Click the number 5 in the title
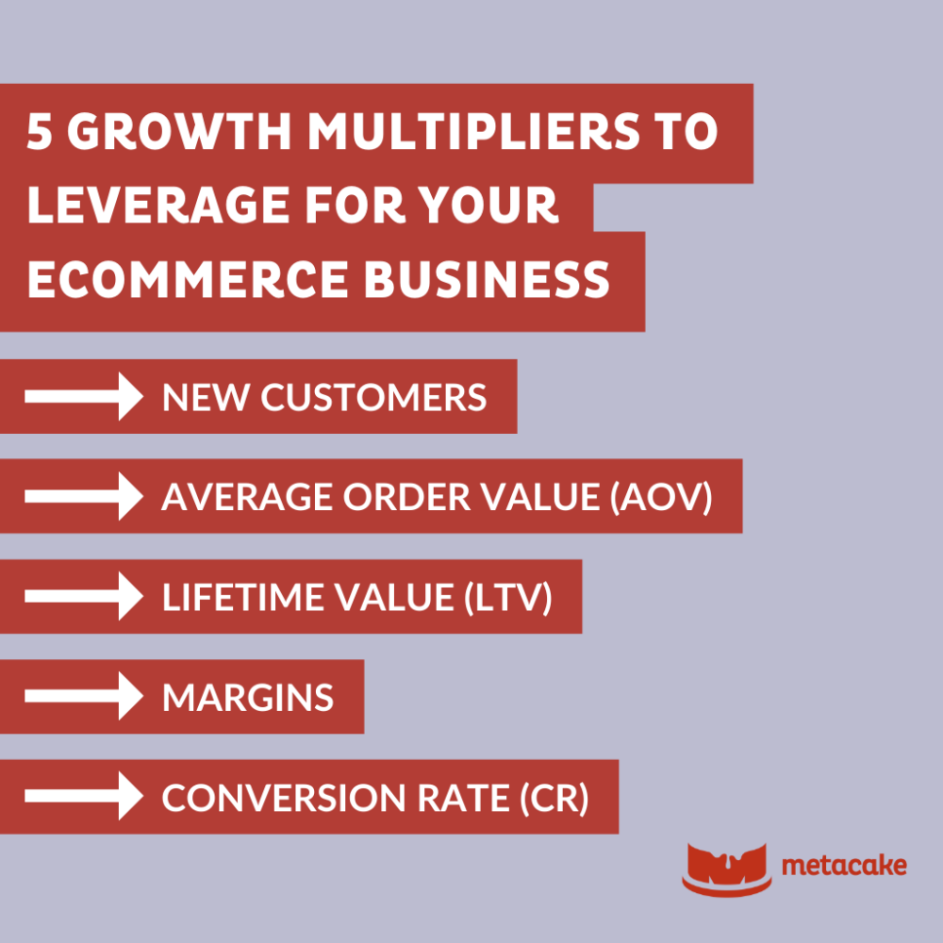(x=41, y=134)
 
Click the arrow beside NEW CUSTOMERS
(x=83, y=396)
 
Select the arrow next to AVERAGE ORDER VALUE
(x=83, y=496)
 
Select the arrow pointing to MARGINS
(x=83, y=697)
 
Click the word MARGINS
(x=248, y=698)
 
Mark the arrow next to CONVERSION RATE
(x=83, y=797)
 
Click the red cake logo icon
(x=726, y=866)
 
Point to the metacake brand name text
(x=845, y=865)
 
